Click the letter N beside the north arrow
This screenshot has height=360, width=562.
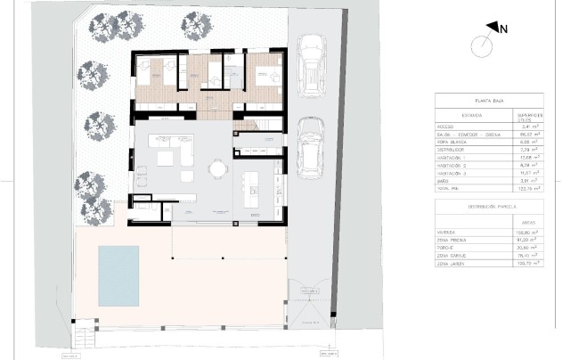504,29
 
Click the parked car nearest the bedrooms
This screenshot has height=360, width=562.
310,68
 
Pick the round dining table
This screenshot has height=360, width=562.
216,167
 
